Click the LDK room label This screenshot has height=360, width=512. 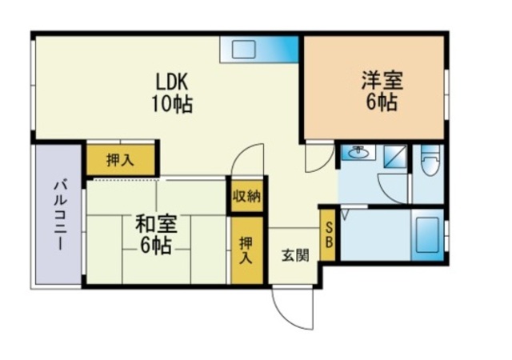tap(172, 82)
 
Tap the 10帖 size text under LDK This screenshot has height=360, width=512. tap(171, 103)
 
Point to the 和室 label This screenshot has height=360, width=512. tap(156, 224)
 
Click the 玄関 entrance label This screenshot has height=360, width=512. tap(295, 255)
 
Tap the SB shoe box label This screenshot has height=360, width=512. tap(329, 235)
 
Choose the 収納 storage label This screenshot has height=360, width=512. tap(246, 197)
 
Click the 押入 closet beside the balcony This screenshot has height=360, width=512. tap(120, 161)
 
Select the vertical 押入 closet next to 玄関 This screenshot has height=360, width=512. tap(246, 250)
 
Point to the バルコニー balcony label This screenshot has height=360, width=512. tap(61, 215)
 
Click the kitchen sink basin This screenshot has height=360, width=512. tap(243, 50)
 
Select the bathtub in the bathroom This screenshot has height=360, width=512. tap(427, 235)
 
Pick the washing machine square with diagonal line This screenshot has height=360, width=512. tap(395, 157)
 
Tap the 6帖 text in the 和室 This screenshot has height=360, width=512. tap(156, 246)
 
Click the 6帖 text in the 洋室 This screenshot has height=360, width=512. tap(382, 102)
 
